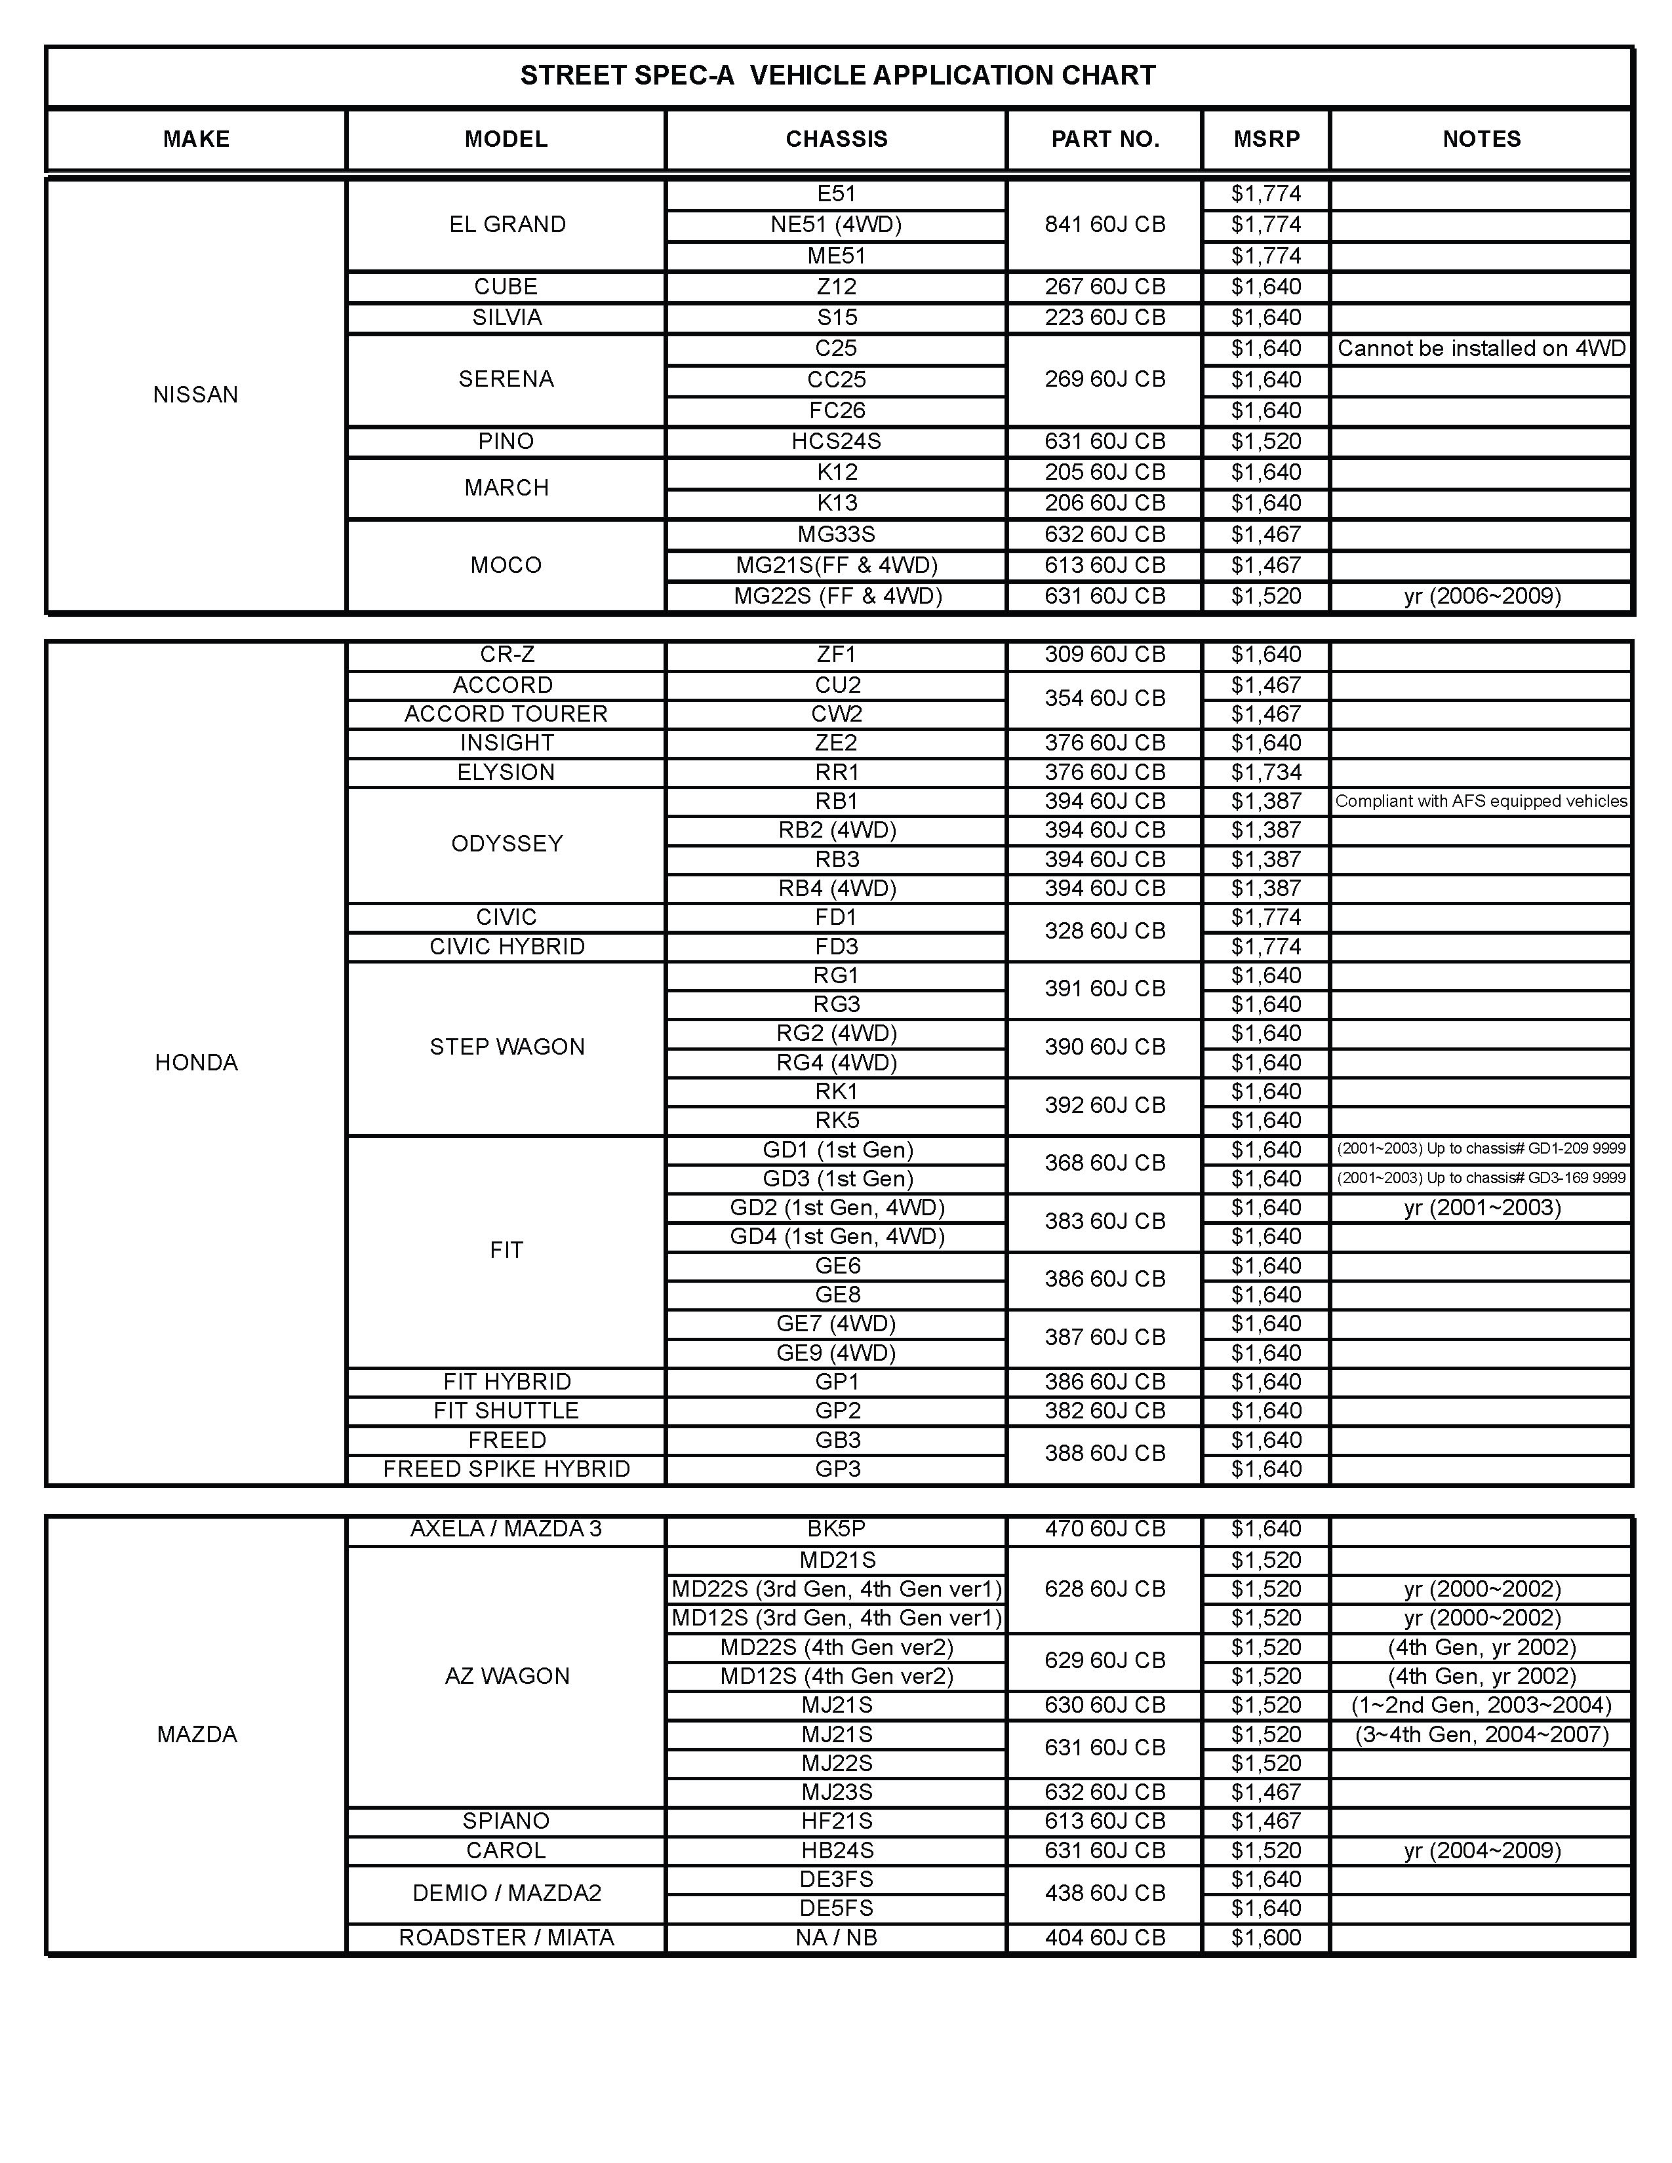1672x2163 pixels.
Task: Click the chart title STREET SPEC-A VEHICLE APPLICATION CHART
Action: [837, 76]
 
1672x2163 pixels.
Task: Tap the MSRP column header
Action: [1266, 140]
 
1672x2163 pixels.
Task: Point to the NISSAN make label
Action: [195, 395]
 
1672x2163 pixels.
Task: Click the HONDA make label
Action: [196, 1062]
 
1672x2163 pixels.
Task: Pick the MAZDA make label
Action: [196, 1734]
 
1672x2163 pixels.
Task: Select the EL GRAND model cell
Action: [506, 225]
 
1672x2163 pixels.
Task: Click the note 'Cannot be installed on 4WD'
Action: [1481, 349]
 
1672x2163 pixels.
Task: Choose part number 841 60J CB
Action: [1104, 225]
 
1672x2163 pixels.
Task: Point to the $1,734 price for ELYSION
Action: [1266, 773]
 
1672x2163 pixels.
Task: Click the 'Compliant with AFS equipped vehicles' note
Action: [1481, 801]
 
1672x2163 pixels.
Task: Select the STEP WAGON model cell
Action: [506, 1047]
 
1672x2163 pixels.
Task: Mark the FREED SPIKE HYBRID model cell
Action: [506, 1469]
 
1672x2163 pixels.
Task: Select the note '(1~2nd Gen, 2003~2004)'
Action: [1481, 1705]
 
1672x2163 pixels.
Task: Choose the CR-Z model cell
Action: [506, 655]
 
